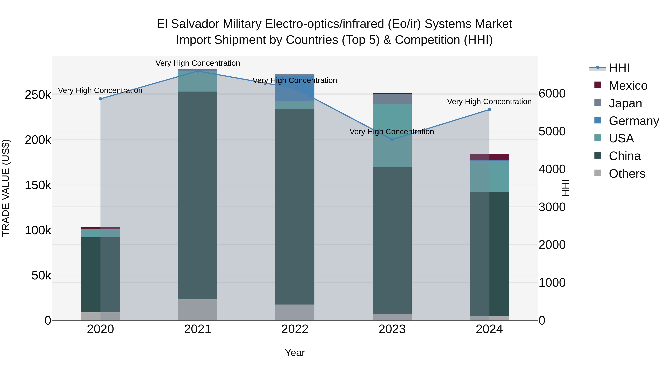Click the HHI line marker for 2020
[x=101, y=99]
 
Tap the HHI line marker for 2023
[x=392, y=140]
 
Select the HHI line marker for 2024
[x=489, y=110]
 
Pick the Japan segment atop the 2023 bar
[x=392, y=99]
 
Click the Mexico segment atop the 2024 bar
[x=489, y=157]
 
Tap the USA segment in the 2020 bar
[x=101, y=233]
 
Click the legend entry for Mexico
[x=628, y=86]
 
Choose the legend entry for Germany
[x=634, y=121]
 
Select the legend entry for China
[x=625, y=156]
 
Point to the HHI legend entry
[x=619, y=68]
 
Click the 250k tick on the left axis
[x=38, y=95]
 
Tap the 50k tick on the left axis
[x=41, y=275]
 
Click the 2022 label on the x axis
[x=295, y=329]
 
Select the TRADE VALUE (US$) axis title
[x=6, y=188]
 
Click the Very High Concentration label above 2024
[x=489, y=102]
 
